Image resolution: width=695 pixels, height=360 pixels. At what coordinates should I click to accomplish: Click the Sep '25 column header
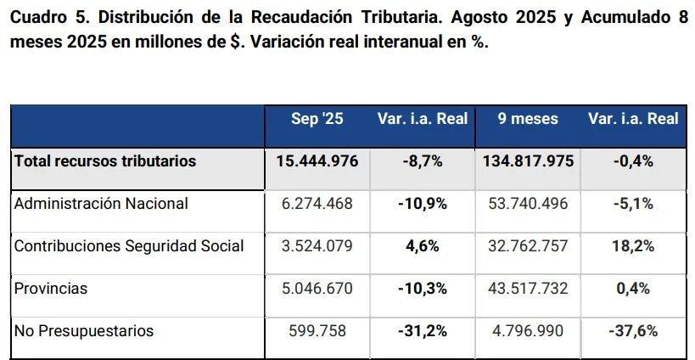tap(317, 119)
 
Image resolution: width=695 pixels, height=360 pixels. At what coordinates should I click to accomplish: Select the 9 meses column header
tap(528, 119)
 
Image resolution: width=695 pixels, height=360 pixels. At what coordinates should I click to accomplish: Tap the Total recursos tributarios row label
tap(104, 161)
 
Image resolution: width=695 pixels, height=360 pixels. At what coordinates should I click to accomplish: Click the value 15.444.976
tap(317, 161)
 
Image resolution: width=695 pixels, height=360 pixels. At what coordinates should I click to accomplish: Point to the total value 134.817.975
tap(528, 161)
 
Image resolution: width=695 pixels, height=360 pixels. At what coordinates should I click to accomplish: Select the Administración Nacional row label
tap(101, 204)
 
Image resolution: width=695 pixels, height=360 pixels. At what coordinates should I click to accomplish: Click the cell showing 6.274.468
tap(317, 204)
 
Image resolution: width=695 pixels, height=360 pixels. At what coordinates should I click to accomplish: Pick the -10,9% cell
tap(423, 204)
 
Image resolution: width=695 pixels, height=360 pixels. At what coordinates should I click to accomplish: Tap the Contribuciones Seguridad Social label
tap(129, 246)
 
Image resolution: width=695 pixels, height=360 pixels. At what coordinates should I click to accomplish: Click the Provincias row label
tap(51, 289)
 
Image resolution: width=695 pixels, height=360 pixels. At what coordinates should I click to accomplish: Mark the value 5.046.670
tap(317, 289)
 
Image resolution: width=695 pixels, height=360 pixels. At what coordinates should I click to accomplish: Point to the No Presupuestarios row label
tap(84, 331)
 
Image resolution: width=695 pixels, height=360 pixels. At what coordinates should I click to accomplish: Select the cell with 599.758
tap(317, 331)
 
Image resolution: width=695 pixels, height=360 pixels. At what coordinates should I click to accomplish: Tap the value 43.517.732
tap(528, 289)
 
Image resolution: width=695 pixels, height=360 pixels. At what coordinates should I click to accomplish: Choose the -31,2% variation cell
tap(423, 331)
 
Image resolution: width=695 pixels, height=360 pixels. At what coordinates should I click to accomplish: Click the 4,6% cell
tap(423, 246)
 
